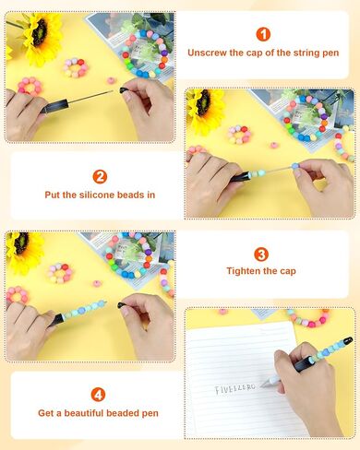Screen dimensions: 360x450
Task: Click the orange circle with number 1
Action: (263, 34)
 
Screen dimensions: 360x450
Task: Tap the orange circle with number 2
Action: (100, 177)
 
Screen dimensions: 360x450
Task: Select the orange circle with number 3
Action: (261, 255)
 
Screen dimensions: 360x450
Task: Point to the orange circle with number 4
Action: (98, 395)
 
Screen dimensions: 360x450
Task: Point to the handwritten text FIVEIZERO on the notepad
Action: (235, 388)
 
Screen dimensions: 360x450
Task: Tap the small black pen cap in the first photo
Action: (124, 90)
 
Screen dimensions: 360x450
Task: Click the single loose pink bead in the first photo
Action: (112, 81)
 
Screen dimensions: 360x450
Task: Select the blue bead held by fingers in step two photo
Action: (295, 166)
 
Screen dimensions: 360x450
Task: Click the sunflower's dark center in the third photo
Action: (22, 243)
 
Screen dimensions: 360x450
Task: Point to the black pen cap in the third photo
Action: (122, 305)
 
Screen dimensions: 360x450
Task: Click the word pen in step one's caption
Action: (330, 53)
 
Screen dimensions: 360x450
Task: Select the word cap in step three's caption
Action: (288, 272)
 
